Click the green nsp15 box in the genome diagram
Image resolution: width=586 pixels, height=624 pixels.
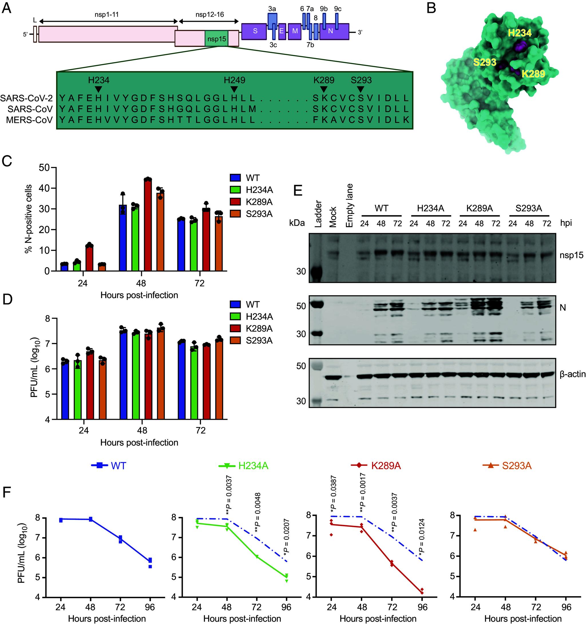pos(216,39)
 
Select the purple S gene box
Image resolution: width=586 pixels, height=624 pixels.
pos(255,32)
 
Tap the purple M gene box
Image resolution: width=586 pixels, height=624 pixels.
pos(294,32)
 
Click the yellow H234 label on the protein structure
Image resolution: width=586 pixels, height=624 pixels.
pos(520,33)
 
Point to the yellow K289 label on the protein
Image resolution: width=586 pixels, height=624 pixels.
pos(533,74)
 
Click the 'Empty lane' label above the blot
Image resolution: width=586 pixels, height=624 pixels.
pos(349,205)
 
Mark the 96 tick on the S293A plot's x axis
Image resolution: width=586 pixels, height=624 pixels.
pos(566,607)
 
